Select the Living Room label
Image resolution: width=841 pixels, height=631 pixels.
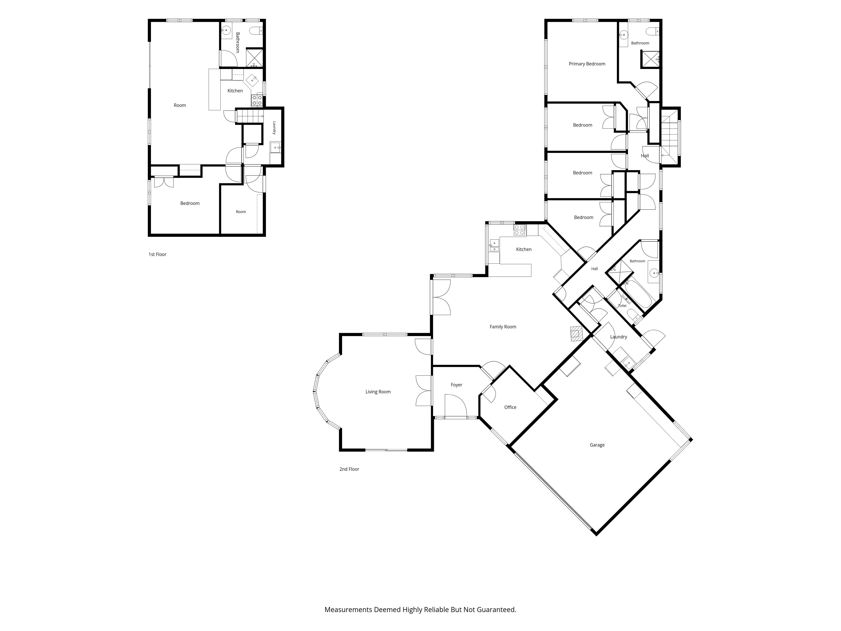point(378,392)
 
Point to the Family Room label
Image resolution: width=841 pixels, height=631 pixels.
point(503,327)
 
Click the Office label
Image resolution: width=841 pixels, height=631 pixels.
point(510,407)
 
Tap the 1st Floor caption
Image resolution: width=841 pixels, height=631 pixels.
point(157,255)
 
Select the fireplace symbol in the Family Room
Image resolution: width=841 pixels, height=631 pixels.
point(576,334)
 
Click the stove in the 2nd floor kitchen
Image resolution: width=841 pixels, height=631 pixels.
point(520,230)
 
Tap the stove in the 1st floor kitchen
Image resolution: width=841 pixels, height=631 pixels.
point(257,100)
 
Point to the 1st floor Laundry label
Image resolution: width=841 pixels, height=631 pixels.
point(274,128)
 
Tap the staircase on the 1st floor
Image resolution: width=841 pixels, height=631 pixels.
point(250,116)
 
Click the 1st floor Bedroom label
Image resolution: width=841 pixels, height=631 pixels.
point(190,203)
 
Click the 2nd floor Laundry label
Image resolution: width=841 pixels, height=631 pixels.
point(619,337)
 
